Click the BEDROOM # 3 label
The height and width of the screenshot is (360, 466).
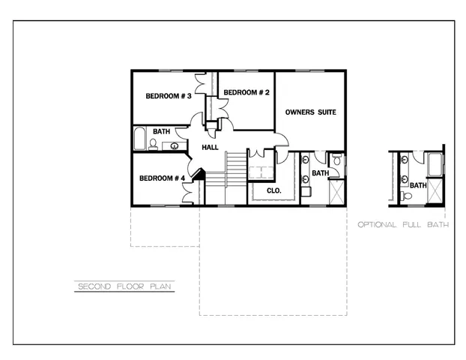169,97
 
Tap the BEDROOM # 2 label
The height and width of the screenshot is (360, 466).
246,92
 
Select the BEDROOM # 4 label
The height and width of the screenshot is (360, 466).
162,178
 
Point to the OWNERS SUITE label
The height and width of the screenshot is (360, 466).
310,112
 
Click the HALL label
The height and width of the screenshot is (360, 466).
211,148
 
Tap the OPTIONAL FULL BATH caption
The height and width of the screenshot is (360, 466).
403,224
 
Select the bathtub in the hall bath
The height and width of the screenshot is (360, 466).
139,139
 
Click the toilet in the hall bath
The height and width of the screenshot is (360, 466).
154,144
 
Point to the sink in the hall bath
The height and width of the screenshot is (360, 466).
175,145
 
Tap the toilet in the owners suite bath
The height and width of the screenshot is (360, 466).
336,160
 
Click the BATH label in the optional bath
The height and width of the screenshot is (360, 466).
417,185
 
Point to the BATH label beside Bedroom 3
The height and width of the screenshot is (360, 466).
162,132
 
